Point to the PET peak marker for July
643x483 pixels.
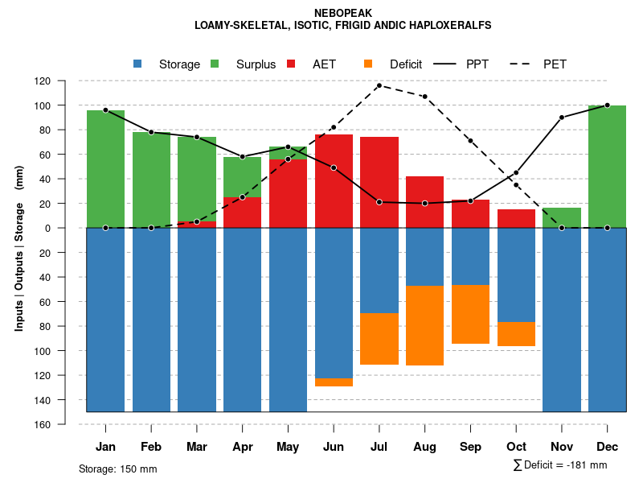click(x=379, y=85)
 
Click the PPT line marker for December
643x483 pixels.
click(x=607, y=105)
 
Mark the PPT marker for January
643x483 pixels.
click(x=105, y=109)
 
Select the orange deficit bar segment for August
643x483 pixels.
click(x=424, y=325)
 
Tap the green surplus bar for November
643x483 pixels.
click(x=561, y=217)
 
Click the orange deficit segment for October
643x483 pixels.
click(x=516, y=334)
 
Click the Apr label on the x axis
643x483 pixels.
click(x=242, y=447)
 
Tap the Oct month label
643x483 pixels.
click(x=516, y=447)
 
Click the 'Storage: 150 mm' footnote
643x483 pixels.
click(x=117, y=469)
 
